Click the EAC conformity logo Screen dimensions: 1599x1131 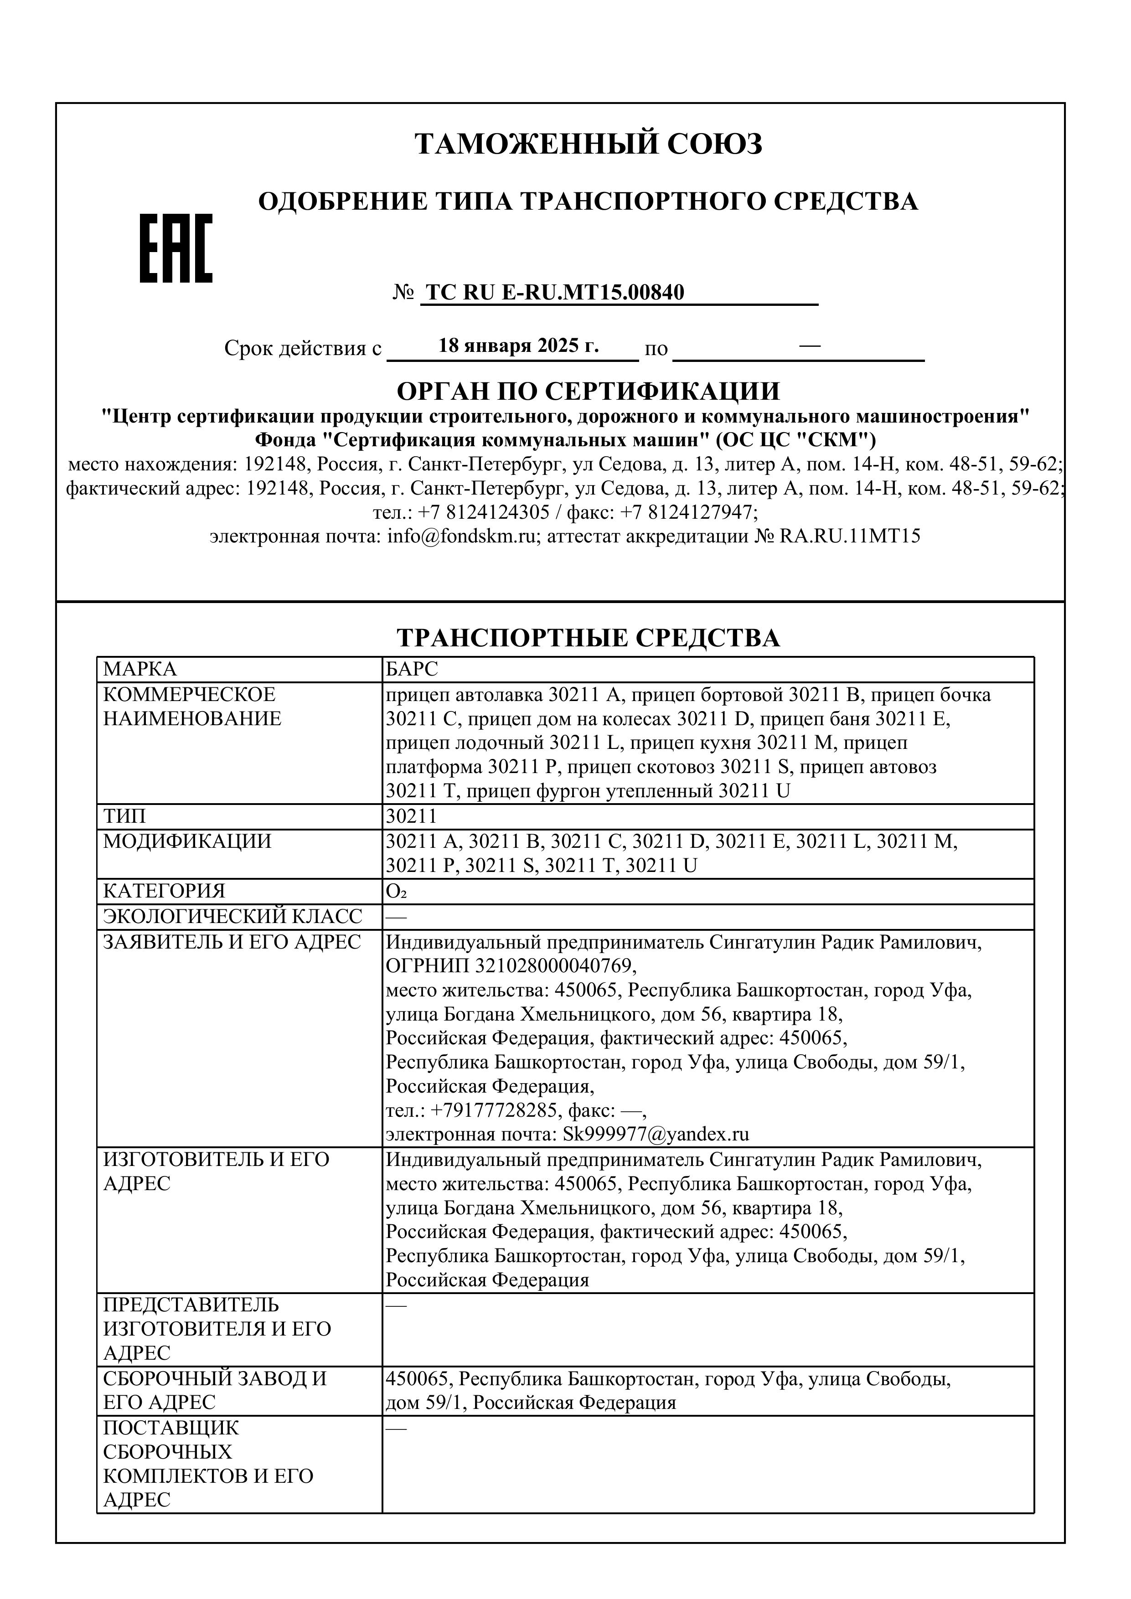pyautogui.click(x=176, y=248)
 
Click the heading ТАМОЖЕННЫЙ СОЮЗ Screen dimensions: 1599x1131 pyautogui.click(x=589, y=144)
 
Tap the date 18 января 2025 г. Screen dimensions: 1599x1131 pyautogui.click(x=518, y=346)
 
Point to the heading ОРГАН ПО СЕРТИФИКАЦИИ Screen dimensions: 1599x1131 pyautogui.click(x=589, y=392)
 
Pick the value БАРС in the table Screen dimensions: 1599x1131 pyautogui.click(x=412, y=669)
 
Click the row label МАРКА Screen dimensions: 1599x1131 pyautogui.click(x=140, y=669)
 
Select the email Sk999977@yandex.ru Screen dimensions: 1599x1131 pyautogui.click(x=656, y=1134)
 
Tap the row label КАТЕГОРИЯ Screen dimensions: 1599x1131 pyautogui.click(x=165, y=892)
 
